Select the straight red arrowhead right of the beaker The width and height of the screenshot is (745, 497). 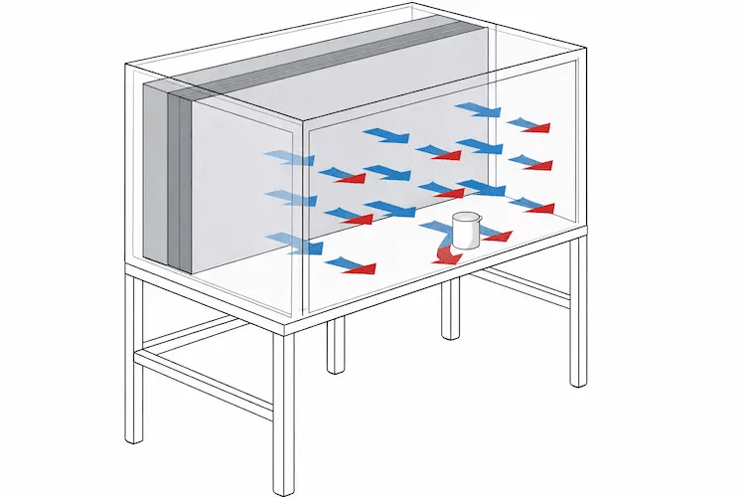point(498,237)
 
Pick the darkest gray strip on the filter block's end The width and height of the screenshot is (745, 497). point(179,179)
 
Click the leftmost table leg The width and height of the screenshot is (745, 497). point(130,358)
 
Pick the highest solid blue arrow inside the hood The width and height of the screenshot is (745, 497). point(479,108)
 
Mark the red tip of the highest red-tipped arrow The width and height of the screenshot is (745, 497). point(537,127)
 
